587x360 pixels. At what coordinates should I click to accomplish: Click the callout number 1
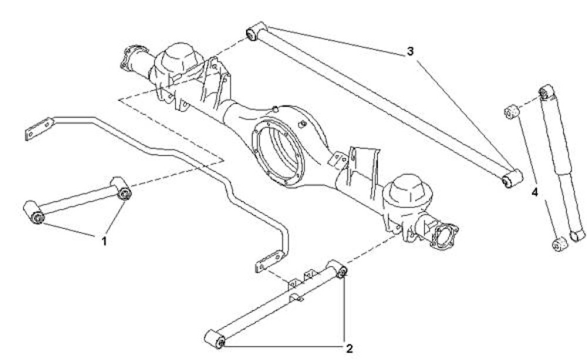(104, 241)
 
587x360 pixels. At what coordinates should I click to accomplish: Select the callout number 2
(349, 349)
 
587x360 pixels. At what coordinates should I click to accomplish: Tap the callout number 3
(410, 51)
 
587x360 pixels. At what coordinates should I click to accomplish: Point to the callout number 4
(535, 193)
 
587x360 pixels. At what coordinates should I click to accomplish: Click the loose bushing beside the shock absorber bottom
(560, 244)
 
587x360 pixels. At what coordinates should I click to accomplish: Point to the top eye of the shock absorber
(547, 91)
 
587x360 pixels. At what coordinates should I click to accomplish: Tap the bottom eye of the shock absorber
(578, 235)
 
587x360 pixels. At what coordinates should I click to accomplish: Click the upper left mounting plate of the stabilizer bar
(39, 129)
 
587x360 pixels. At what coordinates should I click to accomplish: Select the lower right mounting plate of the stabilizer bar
(269, 261)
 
